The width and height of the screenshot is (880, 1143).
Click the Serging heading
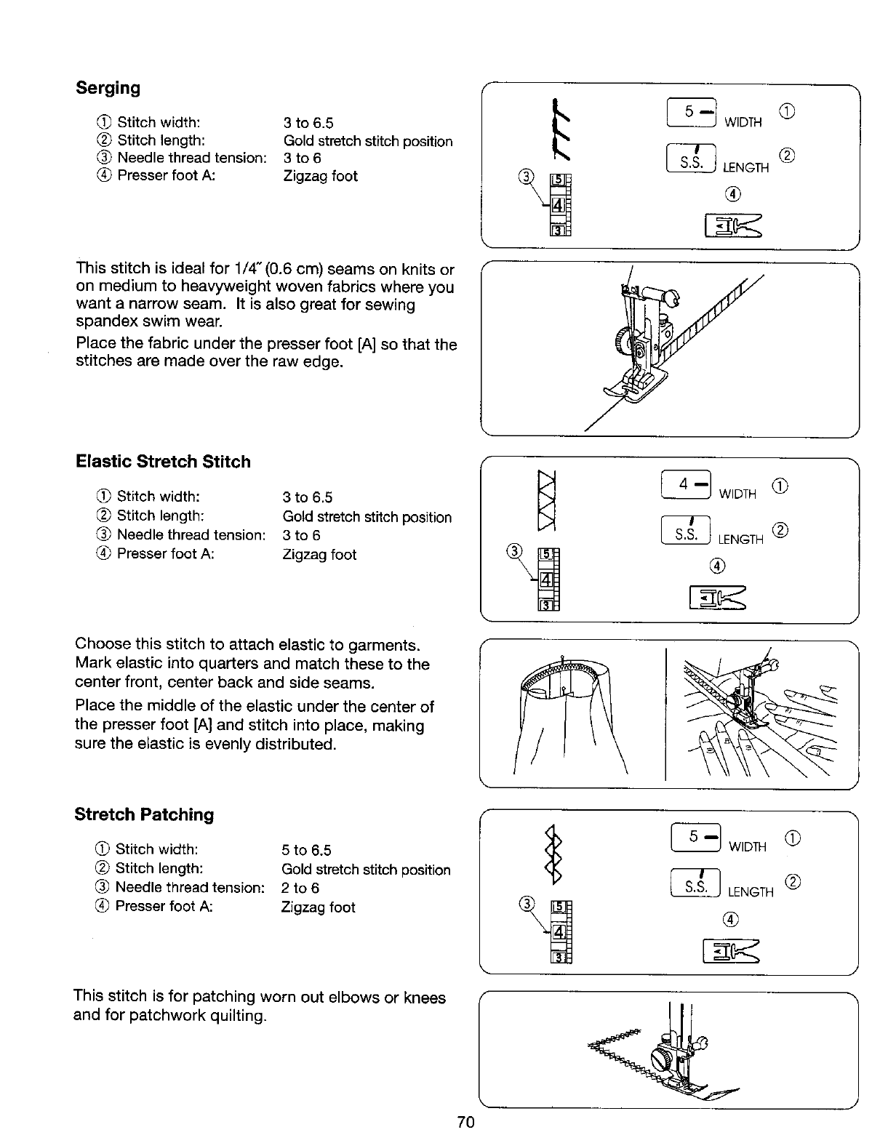pos(108,88)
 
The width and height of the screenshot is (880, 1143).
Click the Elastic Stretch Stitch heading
pos(163,462)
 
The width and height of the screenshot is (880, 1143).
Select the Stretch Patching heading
pos(144,814)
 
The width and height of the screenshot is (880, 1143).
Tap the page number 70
pos(466,1122)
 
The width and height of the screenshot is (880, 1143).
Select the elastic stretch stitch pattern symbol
pos(544,501)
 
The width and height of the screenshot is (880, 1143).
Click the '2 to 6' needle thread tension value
pos(300,888)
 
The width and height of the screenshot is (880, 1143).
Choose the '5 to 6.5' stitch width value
pos(305,850)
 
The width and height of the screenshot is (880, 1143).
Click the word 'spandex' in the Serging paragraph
pos(101,321)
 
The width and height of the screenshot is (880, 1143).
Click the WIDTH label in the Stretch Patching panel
pos(748,846)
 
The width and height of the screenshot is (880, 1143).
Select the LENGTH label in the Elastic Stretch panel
pos(740,539)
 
